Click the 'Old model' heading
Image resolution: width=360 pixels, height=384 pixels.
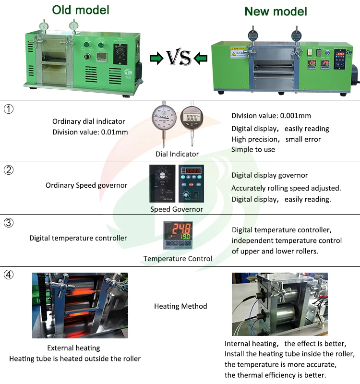pyautogui.click(x=81, y=10)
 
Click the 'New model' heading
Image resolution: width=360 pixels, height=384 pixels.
pyautogui.click(x=276, y=11)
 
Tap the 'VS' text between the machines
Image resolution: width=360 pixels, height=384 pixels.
pyautogui.click(x=179, y=59)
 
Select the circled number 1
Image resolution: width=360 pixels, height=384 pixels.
pyautogui.click(x=9, y=109)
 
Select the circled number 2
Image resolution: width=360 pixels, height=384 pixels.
pyautogui.click(x=9, y=170)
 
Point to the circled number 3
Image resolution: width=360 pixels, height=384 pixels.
pyautogui.click(x=9, y=223)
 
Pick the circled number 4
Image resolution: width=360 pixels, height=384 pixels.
pyautogui.click(x=9, y=275)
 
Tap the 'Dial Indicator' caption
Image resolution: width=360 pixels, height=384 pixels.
pyautogui.click(x=177, y=154)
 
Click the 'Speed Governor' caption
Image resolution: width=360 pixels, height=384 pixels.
pyautogui.click(x=176, y=209)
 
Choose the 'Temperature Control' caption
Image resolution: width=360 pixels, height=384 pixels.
pyautogui.click(x=178, y=259)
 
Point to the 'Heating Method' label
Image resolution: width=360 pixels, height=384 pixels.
pyautogui.click(x=180, y=306)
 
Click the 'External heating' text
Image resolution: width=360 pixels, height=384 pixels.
pyautogui.click(x=73, y=348)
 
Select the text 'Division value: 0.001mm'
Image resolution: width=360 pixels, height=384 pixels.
pyautogui.click(x=271, y=116)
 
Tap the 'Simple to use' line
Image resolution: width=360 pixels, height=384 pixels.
pyautogui.click(x=253, y=149)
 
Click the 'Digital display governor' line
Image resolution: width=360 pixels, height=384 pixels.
pyautogui.click(x=269, y=175)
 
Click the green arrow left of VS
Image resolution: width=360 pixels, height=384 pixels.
pyautogui.click(x=156, y=59)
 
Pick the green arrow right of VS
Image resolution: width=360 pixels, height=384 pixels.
pyautogui.click(x=201, y=59)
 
